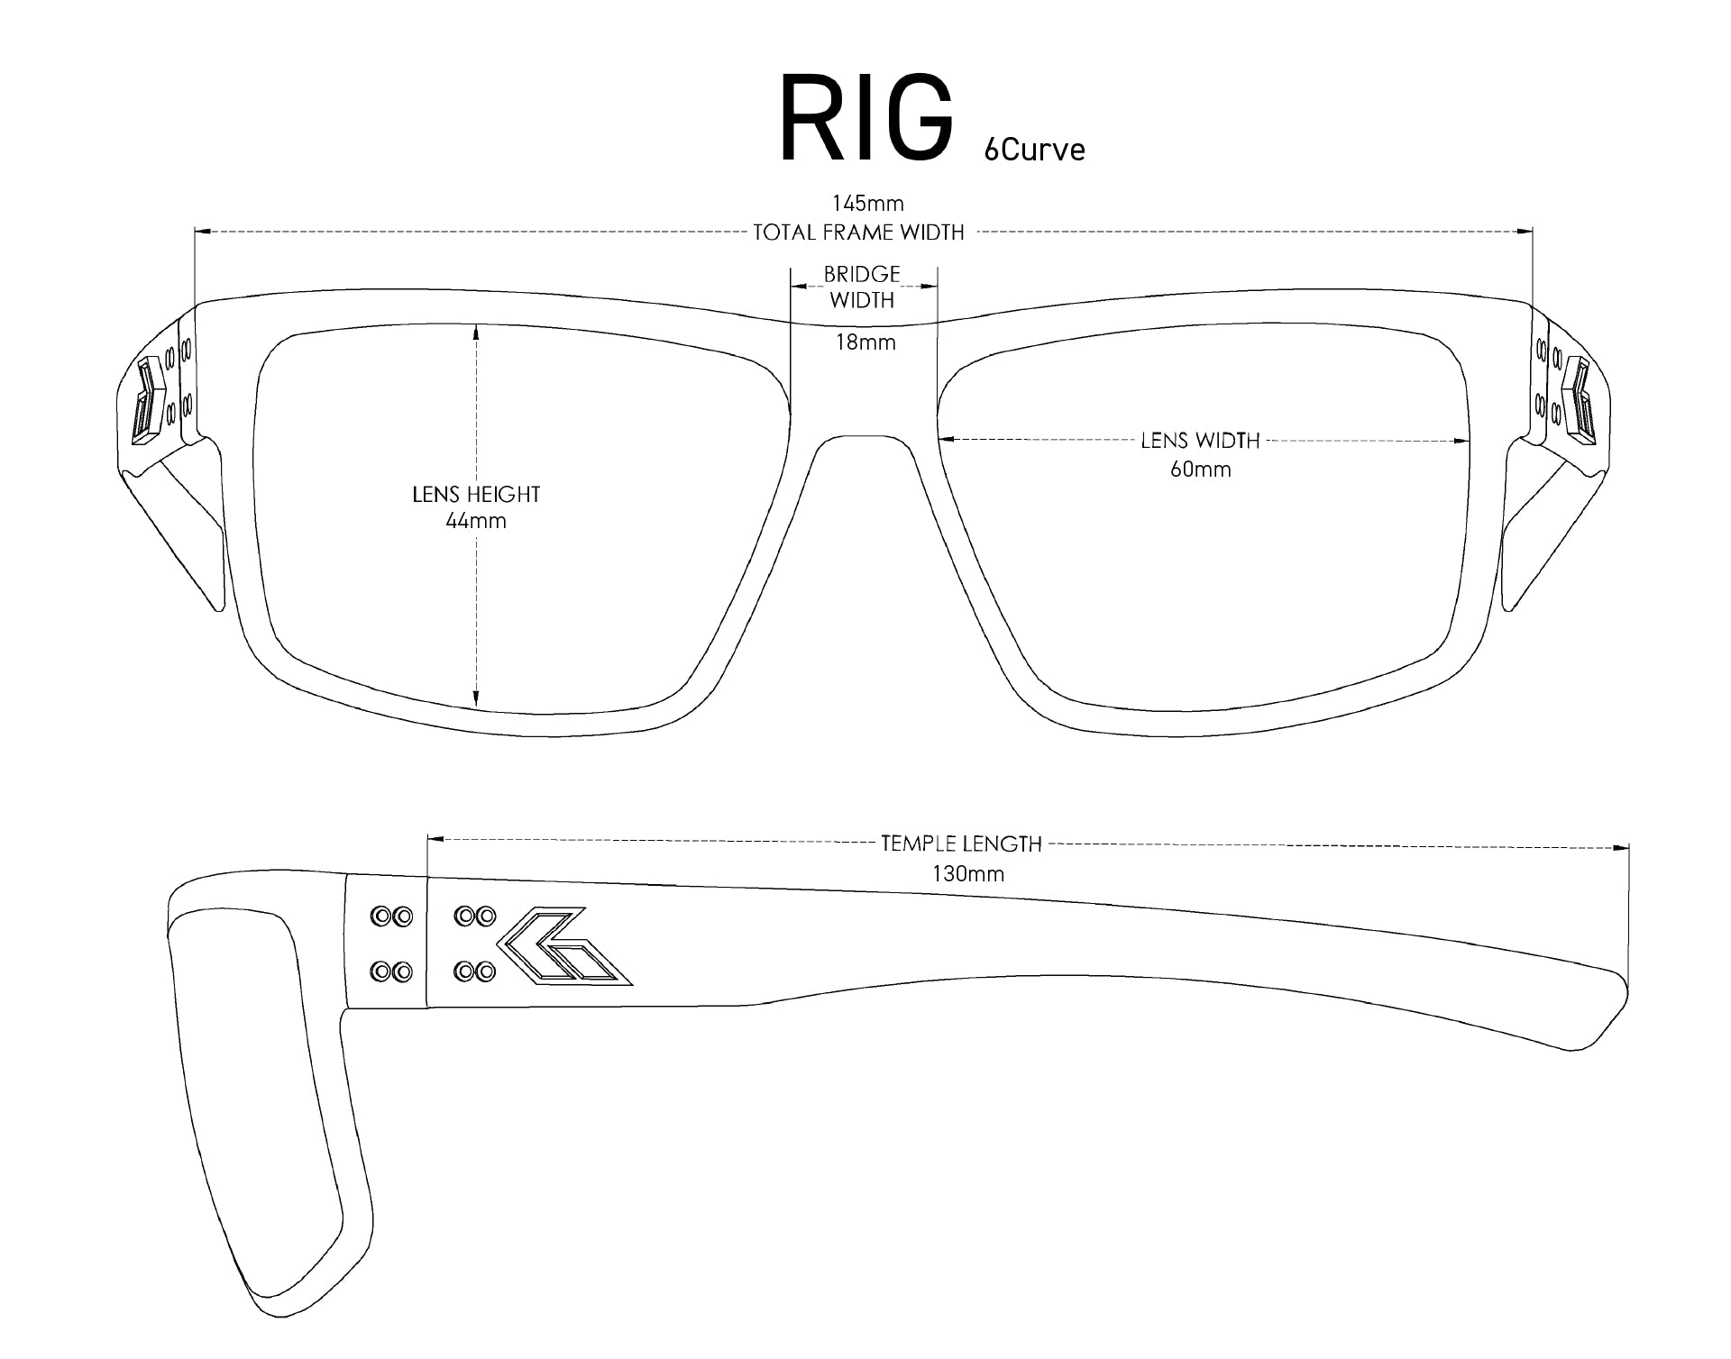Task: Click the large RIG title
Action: coord(866,120)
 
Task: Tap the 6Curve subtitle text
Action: coord(1034,149)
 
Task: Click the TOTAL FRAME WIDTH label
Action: coord(858,233)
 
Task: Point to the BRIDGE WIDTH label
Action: coord(862,287)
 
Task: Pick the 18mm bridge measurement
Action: coord(865,342)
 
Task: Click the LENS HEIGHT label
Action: coord(476,494)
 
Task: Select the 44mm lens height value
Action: coord(476,521)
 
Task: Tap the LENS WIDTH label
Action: coord(1200,441)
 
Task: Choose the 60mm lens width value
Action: coord(1201,470)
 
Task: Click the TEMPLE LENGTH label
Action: coord(961,844)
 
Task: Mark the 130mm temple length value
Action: coord(968,873)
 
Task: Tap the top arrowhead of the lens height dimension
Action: coord(476,332)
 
